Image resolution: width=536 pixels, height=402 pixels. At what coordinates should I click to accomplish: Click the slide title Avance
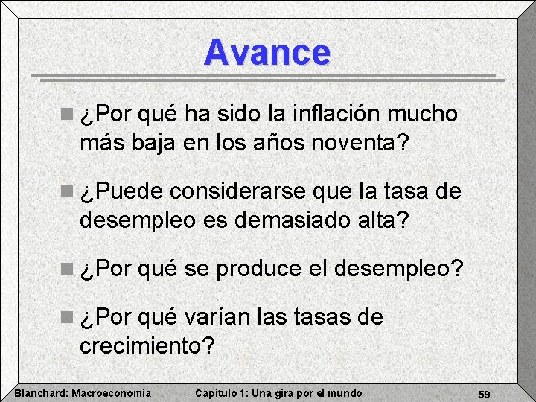(x=267, y=52)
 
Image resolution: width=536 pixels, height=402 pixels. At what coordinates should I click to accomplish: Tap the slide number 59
(x=484, y=393)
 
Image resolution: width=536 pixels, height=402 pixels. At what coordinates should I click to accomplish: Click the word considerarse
(x=237, y=191)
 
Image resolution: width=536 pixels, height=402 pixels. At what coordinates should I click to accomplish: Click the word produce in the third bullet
(x=257, y=268)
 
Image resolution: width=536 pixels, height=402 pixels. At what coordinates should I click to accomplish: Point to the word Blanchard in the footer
(x=41, y=393)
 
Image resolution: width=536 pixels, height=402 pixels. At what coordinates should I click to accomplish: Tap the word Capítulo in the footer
(x=215, y=393)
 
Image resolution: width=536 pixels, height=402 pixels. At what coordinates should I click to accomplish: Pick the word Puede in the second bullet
(x=127, y=191)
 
